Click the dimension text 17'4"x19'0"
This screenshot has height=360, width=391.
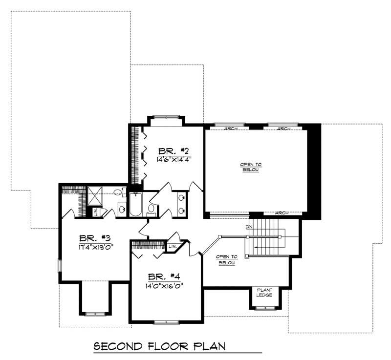(x=96, y=247)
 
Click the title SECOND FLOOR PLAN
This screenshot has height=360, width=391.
(x=159, y=346)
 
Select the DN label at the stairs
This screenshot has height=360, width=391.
(x=249, y=227)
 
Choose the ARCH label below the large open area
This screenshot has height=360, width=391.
(x=282, y=213)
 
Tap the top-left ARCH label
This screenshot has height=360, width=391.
(x=231, y=128)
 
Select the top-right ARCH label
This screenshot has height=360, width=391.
(x=284, y=128)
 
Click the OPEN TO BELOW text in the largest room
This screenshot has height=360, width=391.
(x=249, y=167)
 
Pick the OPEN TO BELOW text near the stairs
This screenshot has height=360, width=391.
(x=227, y=259)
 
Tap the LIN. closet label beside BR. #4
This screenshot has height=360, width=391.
(x=173, y=245)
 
